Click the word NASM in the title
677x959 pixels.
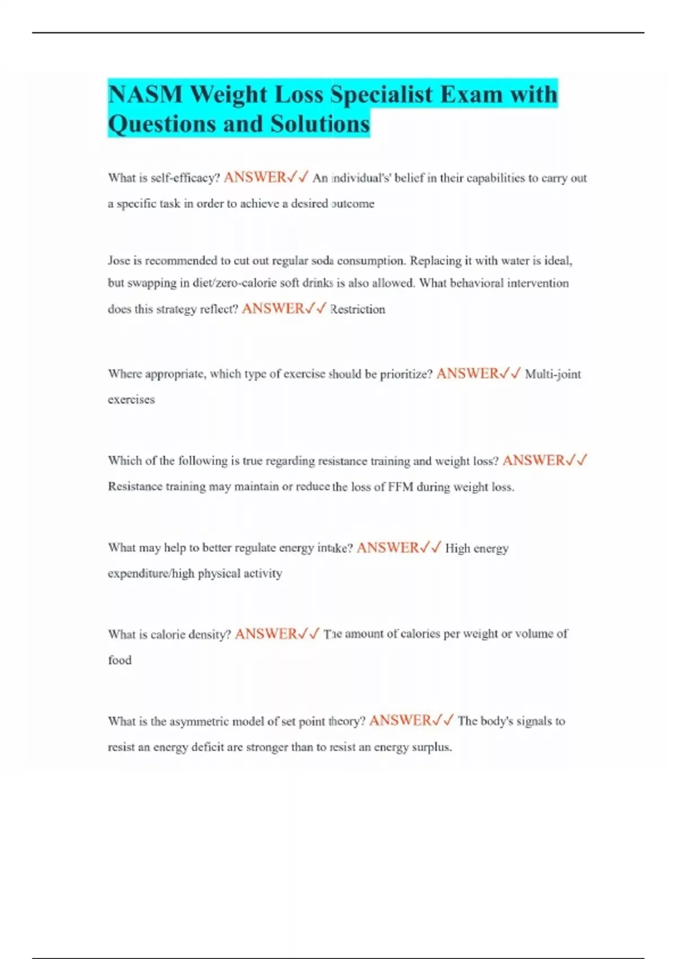[145, 94]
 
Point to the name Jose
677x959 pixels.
[118, 261]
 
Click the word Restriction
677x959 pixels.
[358, 309]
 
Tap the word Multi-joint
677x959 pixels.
[552, 374]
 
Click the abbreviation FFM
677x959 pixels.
[401, 487]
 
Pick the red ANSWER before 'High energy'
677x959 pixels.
[388, 548]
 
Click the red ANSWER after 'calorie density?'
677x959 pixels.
[266, 634]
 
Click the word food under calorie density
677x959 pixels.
[120, 660]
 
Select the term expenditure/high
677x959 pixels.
[151, 573]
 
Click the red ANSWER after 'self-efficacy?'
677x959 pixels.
[255, 178]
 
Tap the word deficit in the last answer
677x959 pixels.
[208, 747]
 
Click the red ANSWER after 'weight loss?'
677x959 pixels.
[534, 461]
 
